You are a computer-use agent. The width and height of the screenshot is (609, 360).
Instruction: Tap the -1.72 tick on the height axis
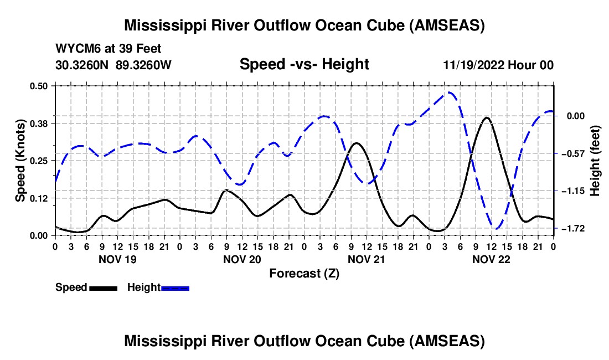coord(574,228)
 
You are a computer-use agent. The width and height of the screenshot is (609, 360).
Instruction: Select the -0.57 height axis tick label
coord(574,153)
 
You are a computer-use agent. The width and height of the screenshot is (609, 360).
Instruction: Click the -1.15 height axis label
coord(574,191)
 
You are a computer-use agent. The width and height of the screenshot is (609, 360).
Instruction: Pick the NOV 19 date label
coord(117,259)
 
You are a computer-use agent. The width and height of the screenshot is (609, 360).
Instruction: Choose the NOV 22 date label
coord(491,259)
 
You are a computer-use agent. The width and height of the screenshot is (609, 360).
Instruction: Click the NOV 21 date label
coord(367,259)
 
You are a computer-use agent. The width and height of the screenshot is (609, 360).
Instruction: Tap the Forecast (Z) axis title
coord(304,273)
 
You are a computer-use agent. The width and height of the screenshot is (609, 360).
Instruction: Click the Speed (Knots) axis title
coord(20,161)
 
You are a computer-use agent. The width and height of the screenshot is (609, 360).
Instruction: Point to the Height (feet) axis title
coord(595,161)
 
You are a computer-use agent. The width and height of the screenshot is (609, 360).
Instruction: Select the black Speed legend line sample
coord(103,288)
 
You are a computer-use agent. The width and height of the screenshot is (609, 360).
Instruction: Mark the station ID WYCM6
coord(75,49)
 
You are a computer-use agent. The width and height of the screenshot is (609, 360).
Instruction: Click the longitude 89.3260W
coord(144,65)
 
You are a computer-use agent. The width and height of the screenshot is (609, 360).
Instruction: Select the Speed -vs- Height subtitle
coord(304,64)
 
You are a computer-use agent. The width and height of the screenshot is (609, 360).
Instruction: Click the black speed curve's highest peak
coord(487,117)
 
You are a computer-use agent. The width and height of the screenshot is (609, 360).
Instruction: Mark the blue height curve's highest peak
coord(450,92)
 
